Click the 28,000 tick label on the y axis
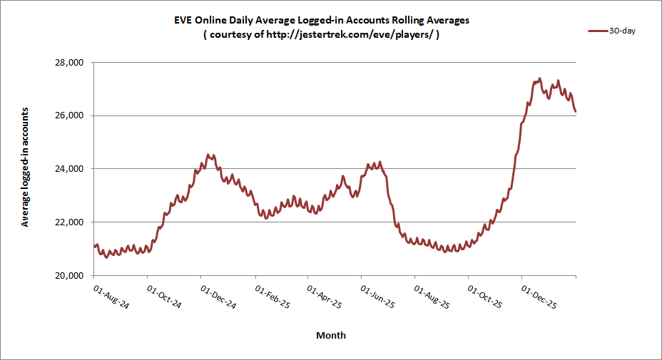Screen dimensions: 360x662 coord(70,63)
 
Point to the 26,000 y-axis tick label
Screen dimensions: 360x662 coord(70,115)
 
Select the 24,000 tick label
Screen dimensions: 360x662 coord(70,169)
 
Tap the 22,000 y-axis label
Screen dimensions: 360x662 coord(70,222)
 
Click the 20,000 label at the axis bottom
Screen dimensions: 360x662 coord(70,276)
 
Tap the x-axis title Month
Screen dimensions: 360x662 coord(331,335)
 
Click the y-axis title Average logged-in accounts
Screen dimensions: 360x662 coord(25,168)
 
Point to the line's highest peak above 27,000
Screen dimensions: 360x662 coord(539,78)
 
